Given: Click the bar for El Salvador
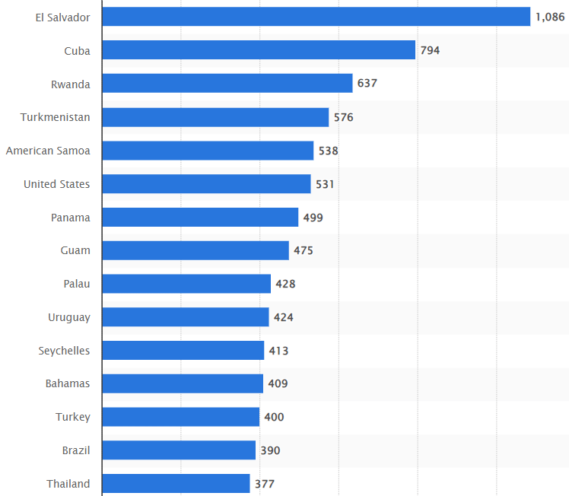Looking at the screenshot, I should [316, 17].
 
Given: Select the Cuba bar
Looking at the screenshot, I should [259, 50].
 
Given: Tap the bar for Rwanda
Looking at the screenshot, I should [227, 83].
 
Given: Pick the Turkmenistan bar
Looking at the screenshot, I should [215, 117].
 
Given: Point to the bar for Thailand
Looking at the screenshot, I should [176, 484].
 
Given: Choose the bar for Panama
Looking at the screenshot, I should [200, 218].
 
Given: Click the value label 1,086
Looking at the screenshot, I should [550, 17].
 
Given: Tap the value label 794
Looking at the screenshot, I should [430, 50].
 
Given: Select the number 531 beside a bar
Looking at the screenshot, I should [325, 184].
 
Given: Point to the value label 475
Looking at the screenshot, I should [304, 250].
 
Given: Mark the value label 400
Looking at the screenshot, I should [274, 417].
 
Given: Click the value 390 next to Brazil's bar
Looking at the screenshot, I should [270, 450].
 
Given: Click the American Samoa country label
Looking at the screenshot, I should [48, 151].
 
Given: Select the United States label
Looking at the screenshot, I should [56, 184].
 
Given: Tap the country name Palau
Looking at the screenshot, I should [77, 284].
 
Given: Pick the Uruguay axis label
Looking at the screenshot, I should [69, 317].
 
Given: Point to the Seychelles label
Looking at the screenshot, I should [64, 351].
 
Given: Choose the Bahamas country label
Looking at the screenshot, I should [68, 383].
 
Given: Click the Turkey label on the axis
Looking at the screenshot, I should [73, 417].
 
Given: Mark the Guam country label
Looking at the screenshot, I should [75, 250].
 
